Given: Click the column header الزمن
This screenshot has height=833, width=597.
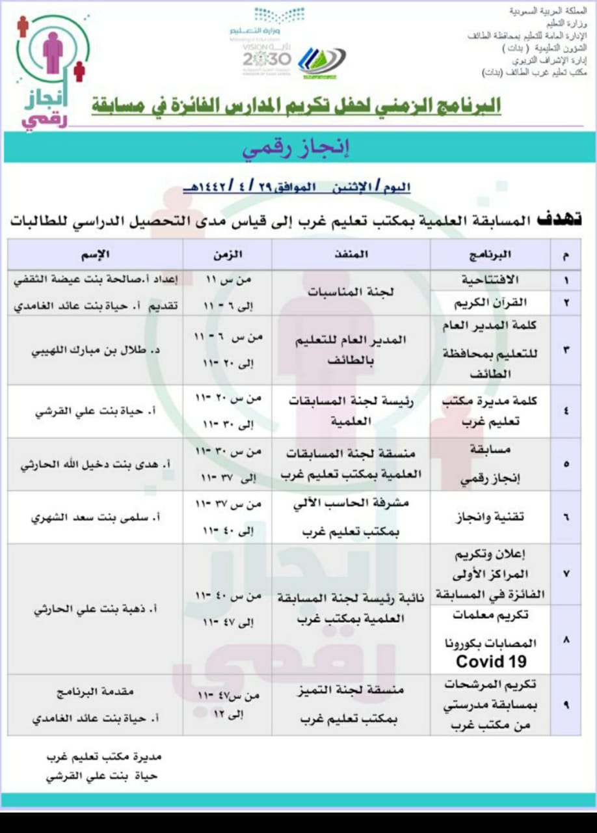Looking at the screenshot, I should pyautogui.click(x=228, y=254).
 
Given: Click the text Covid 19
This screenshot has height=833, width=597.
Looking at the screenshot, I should pyautogui.click(x=490, y=661).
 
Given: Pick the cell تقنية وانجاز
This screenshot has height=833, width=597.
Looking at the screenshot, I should pyautogui.click(x=492, y=517).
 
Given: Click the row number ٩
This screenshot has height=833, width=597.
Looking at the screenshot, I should pyautogui.click(x=565, y=705).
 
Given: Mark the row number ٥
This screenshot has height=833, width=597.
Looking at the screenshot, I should pyautogui.click(x=565, y=465).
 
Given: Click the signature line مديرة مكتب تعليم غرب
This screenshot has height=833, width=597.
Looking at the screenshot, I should pyautogui.click(x=103, y=758).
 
